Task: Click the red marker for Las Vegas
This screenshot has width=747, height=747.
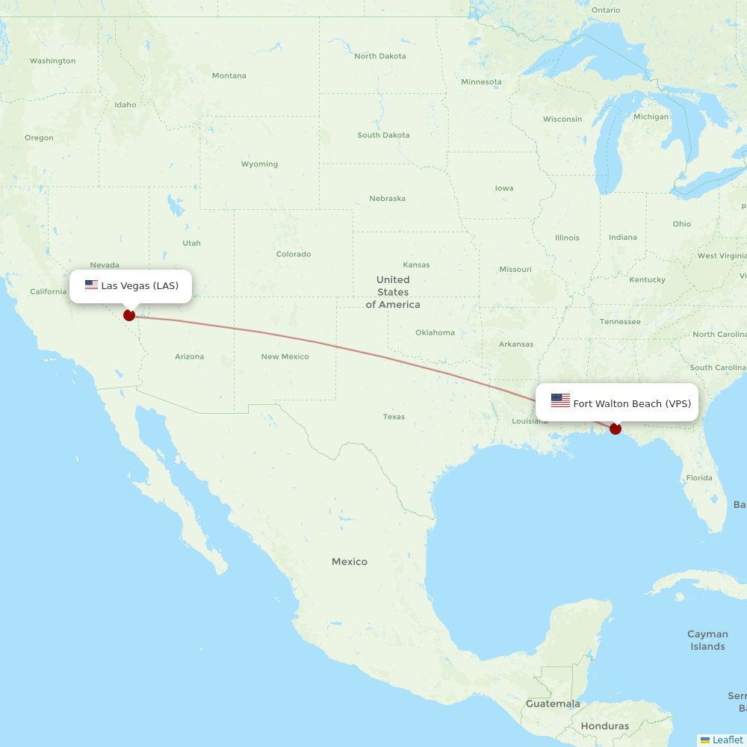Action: [129, 315]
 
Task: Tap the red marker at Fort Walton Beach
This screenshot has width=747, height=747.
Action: [616, 429]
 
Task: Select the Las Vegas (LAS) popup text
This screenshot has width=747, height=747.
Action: [140, 285]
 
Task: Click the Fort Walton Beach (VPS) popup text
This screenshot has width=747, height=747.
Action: [632, 403]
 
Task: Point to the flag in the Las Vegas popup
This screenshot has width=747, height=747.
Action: [92, 285]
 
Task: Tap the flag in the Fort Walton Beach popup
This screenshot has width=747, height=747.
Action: [560, 401]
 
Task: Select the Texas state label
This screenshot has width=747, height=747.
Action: [394, 417]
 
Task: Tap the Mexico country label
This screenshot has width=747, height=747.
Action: [350, 562]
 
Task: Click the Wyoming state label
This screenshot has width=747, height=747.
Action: [259, 164]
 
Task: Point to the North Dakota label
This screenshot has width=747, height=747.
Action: [380, 56]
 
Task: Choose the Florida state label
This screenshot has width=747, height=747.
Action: [699, 478]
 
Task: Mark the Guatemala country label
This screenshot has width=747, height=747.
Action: [553, 704]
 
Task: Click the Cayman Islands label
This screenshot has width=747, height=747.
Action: [707, 640]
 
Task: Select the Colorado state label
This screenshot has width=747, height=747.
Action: [294, 254]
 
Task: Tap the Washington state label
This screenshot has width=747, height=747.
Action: [52, 61]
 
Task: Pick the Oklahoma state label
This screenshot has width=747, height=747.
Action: [435, 332]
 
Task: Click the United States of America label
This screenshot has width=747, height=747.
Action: [393, 292]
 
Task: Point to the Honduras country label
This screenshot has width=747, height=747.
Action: [605, 726]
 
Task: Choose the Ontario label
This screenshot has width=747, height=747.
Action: [606, 10]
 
